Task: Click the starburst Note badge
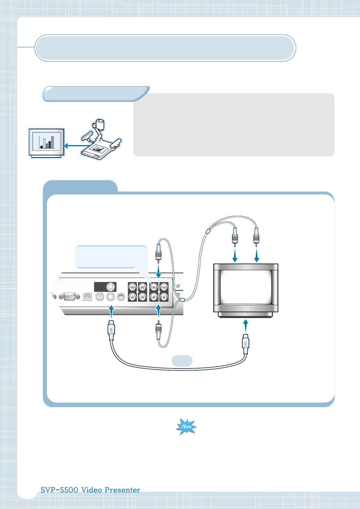(186, 426)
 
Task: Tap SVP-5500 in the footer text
(59, 490)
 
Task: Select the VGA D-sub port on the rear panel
(70, 297)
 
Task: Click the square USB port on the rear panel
(87, 297)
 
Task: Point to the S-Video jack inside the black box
(111, 287)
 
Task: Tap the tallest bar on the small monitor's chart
(52, 142)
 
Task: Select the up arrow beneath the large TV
(246, 326)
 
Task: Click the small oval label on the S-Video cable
(182, 361)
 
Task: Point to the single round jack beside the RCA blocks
(121, 297)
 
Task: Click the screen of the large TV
(246, 287)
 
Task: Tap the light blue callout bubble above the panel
(111, 256)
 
